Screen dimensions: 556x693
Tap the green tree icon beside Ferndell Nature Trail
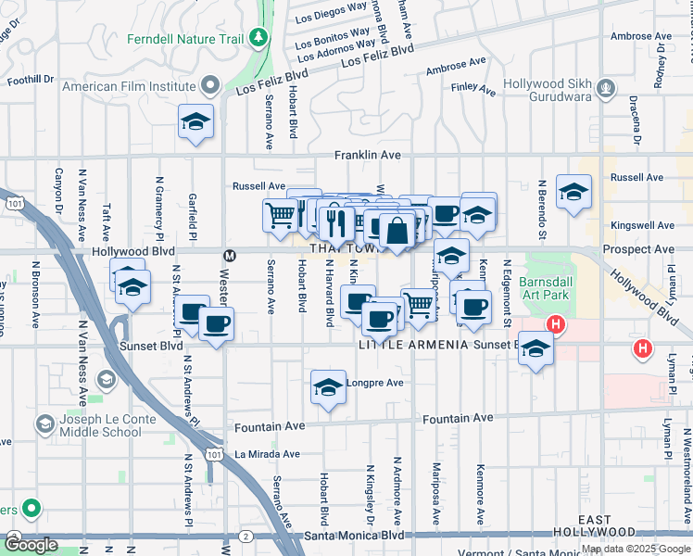coord(260,38)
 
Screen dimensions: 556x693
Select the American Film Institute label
coord(139,87)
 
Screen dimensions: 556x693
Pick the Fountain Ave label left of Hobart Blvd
coord(270,427)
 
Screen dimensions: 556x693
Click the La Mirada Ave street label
coord(267,454)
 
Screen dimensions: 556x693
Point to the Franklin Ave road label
coord(368,156)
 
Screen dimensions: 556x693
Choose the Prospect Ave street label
coord(638,250)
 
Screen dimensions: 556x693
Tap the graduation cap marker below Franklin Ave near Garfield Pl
coord(195,122)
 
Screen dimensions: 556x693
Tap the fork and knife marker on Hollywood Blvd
coord(334,221)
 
